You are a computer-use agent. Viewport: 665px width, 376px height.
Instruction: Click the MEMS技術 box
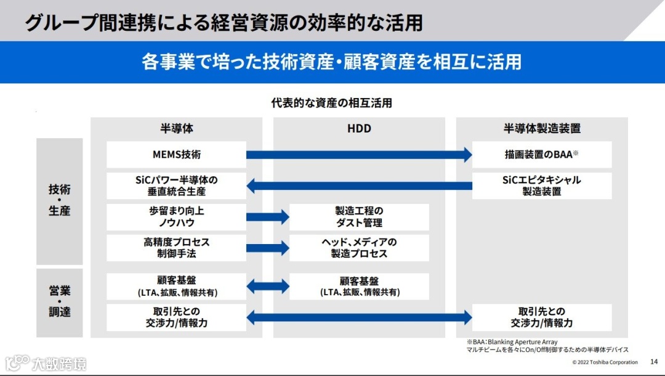coord(176,155)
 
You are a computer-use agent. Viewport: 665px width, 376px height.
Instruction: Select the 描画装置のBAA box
coord(542,155)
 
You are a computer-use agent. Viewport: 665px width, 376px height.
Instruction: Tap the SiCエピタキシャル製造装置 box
coord(542,186)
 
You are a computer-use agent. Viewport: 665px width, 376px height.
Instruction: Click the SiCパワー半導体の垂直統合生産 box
coord(176,186)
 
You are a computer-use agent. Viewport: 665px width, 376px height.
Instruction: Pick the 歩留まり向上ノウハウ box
coord(176,216)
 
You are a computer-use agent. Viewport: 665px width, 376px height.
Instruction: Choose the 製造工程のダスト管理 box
coord(359,216)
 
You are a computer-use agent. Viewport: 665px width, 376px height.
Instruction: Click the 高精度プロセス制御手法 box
coord(176,248)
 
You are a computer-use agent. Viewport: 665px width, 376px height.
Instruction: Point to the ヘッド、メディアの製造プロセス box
coord(359,248)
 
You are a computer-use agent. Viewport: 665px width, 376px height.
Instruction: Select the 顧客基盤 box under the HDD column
coord(359,286)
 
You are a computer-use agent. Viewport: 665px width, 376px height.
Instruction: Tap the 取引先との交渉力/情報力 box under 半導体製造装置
coord(542,317)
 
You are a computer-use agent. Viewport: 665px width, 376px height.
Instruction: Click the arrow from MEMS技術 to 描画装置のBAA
coord(359,155)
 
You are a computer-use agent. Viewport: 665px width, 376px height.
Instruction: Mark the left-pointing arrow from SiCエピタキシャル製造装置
coord(359,186)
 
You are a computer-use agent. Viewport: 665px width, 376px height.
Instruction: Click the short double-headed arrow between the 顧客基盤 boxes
coord(268,286)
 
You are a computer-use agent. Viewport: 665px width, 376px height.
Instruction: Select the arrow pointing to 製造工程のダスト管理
coord(268,216)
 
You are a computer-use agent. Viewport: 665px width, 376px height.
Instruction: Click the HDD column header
coord(359,129)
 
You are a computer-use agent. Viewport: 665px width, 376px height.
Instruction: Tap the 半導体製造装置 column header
coord(542,129)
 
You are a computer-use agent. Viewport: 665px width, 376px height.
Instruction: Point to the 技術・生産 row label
coord(60,200)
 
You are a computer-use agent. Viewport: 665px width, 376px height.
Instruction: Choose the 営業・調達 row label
coord(60,301)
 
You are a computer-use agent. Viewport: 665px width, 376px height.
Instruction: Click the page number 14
coord(654,361)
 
